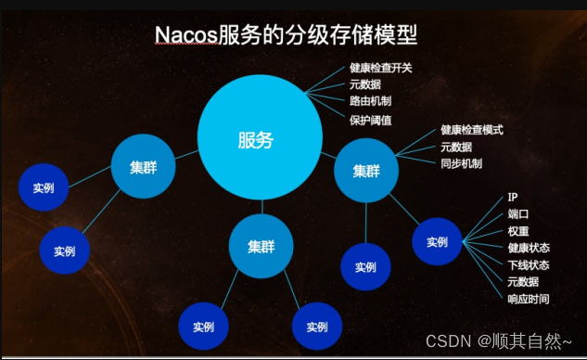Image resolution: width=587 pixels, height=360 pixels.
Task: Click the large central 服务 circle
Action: coord(256,140)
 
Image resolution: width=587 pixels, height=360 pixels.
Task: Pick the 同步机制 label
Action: coord(460,163)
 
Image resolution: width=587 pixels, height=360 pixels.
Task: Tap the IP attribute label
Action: coord(513,198)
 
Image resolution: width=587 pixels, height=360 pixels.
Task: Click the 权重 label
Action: coord(517,231)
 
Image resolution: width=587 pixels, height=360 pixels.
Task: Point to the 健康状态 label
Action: coord(528,248)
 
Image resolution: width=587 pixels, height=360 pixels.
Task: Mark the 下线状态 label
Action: coord(528,264)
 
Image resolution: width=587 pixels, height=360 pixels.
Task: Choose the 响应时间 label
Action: coord(528,299)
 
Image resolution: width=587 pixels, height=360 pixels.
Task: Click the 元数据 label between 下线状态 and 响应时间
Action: coord(522,281)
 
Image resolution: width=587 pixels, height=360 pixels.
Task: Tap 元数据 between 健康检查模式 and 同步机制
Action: coord(455,147)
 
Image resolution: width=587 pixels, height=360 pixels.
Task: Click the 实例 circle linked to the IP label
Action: coord(438,242)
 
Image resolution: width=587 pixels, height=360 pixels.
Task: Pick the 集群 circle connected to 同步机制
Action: coord(366,171)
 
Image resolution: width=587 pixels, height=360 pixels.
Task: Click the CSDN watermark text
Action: coord(444,342)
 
